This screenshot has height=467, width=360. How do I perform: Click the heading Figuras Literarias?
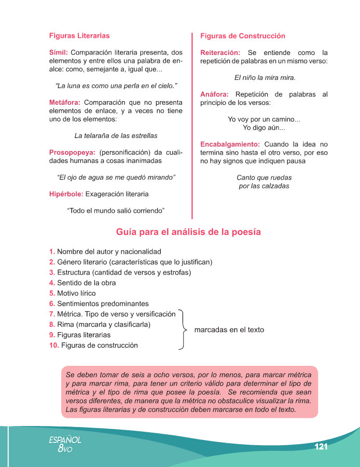coord(79,36)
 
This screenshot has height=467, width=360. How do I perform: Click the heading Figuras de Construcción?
coord(243,36)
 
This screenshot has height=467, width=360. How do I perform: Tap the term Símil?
coord(59,52)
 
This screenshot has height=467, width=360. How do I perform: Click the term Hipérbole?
coord(65,194)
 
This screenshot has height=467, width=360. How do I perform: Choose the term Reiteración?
coord(220,52)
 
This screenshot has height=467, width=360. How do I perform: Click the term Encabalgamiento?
coord(230,144)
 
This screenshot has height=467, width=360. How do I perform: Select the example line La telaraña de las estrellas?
coord(116,136)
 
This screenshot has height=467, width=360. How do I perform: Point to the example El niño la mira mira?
coord(265,78)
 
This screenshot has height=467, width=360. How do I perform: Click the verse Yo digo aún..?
coord(264,128)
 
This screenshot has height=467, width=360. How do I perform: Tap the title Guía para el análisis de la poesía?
coord(188,231)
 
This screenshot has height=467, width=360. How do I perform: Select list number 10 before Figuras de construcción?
coord(54,345)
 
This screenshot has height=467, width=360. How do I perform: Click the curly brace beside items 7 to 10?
coord(183,329)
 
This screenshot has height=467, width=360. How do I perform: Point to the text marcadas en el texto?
coord(229,329)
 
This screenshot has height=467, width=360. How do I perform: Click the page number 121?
coord(321,447)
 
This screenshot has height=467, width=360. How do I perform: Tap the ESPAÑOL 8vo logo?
coord(65,444)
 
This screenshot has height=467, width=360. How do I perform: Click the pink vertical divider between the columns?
coord(193,125)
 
